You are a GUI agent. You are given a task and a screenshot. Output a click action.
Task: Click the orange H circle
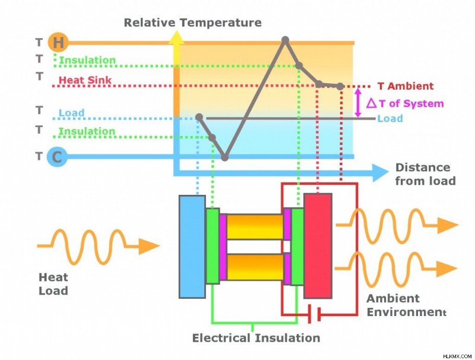tap(58, 42)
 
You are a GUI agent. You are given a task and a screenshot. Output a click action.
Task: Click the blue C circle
tap(57, 157)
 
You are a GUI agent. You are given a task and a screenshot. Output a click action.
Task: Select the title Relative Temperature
tap(192, 23)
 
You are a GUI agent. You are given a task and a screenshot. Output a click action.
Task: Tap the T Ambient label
tap(406, 86)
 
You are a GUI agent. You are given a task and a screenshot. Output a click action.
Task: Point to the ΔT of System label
tap(405, 103)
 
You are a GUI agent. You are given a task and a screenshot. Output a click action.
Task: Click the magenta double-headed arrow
tap(358, 102)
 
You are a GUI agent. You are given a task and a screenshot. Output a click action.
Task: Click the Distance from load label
tap(425, 174)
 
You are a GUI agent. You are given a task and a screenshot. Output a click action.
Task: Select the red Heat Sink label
tap(85, 80)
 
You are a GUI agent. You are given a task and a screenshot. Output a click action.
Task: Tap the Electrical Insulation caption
tap(256, 338)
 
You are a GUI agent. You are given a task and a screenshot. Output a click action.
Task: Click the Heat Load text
tap(53, 284)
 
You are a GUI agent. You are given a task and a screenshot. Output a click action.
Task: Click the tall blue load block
tap(192, 247)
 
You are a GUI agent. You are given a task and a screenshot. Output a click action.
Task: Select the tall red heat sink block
tap(318, 246)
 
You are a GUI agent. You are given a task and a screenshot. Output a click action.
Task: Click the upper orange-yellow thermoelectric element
tap(255, 227)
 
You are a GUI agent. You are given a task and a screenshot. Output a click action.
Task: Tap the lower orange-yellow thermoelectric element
tap(255, 267)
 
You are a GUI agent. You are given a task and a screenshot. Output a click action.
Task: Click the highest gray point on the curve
tap(285, 40)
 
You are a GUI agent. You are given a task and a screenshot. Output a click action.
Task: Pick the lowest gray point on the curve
tap(224, 157)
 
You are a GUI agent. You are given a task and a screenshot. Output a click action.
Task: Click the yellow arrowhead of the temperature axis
tap(176, 38)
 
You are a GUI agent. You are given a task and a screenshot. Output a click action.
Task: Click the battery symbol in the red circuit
tap(314, 314)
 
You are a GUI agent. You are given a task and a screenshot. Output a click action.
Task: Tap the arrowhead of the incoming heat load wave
tap(149, 246)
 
